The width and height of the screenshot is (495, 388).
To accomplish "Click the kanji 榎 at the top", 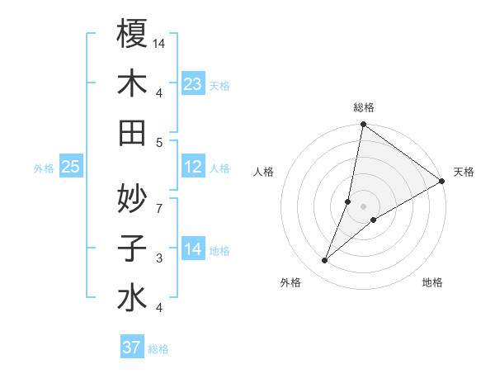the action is (132, 34).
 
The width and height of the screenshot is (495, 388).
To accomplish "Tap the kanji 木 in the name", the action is (132, 83).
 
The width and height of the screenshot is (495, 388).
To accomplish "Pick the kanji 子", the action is (132, 247).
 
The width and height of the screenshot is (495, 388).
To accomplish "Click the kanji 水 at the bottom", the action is (132, 297).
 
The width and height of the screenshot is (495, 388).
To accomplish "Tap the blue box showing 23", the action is (192, 83).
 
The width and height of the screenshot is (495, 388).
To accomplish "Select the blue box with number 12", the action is (192, 167).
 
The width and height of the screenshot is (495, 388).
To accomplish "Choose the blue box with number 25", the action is (70, 167).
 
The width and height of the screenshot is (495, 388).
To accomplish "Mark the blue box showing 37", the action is (131, 348).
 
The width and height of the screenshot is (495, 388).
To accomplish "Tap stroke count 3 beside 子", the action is (159, 258).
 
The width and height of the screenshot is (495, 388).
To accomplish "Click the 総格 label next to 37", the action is (158, 349).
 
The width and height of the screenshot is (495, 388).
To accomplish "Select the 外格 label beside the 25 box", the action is (44, 168).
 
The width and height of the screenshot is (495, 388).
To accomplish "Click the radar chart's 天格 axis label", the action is (464, 172).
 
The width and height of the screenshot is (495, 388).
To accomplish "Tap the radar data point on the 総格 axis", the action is (363, 125).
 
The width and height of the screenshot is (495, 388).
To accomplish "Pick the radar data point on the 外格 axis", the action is (325, 261).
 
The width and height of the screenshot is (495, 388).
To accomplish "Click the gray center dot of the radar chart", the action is (363, 206).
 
